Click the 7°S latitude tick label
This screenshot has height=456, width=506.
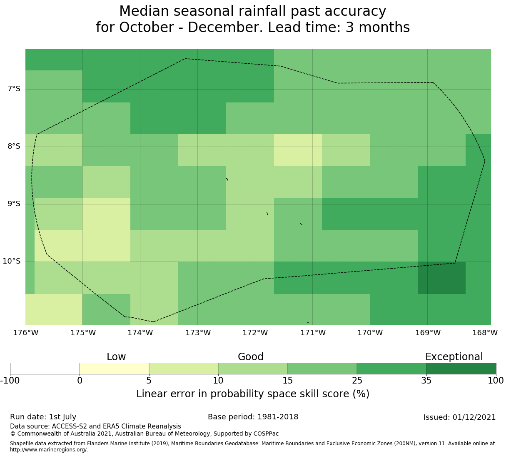[14, 89]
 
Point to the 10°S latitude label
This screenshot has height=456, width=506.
[11, 261]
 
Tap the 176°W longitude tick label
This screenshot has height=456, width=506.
[25, 333]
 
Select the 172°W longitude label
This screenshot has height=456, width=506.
[255, 333]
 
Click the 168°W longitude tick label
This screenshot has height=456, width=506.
[485, 333]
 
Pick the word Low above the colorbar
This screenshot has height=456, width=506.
[116, 357]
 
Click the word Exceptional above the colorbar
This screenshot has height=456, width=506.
[454, 357]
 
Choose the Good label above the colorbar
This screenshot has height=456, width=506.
[250, 357]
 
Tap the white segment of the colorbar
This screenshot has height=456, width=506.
[45, 369]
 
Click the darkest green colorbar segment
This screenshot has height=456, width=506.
[461, 369]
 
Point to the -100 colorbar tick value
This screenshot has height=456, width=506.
[10, 380]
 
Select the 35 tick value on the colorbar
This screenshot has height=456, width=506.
[426, 380]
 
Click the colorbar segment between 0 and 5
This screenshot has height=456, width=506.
[114, 369]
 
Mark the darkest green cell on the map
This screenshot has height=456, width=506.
[441, 278]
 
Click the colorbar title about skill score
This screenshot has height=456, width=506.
[253, 394]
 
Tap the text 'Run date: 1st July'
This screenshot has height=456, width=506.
[43, 417]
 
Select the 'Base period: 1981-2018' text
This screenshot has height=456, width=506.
[253, 417]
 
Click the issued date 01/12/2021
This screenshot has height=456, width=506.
[474, 417]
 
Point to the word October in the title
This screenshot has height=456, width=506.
[146, 27]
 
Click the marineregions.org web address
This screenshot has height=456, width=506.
[49, 450]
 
